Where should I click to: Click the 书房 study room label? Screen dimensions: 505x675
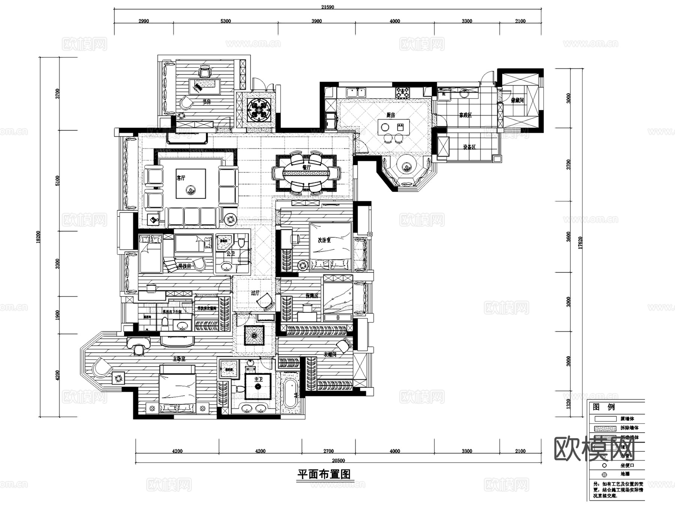pyautogui.click(x=207, y=102)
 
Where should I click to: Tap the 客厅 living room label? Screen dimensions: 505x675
pyautogui.click(x=181, y=178)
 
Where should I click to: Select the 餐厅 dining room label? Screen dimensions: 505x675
pyautogui.click(x=306, y=167)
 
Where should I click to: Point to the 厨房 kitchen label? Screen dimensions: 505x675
pyautogui.click(x=391, y=115)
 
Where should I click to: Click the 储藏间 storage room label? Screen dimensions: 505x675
pyautogui.click(x=517, y=100)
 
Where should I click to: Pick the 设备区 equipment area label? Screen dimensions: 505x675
pyautogui.click(x=469, y=147)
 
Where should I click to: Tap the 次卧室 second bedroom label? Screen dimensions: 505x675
pyautogui.click(x=324, y=240)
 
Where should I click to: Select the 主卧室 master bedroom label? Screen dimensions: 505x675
pyautogui.click(x=179, y=359)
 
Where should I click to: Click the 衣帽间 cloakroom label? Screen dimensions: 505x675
pyautogui.click(x=330, y=354)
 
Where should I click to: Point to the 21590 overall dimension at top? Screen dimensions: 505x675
pyautogui.click(x=327, y=7)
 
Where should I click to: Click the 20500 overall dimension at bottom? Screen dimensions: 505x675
pyautogui.click(x=338, y=460)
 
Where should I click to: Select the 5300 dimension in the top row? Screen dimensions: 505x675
pyautogui.click(x=225, y=21)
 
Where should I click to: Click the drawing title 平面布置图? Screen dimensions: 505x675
pyautogui.click(x=324, y=474)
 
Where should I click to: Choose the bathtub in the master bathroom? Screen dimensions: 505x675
pyautogui.click(x=290, y=394)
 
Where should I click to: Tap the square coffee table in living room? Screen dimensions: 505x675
pyautogui.click(x=191, y=184)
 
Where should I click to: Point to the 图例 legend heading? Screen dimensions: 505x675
pyautogui.click(x=604, y=407)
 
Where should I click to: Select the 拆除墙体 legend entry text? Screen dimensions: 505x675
pyautogui.click(x=630, y=428)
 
